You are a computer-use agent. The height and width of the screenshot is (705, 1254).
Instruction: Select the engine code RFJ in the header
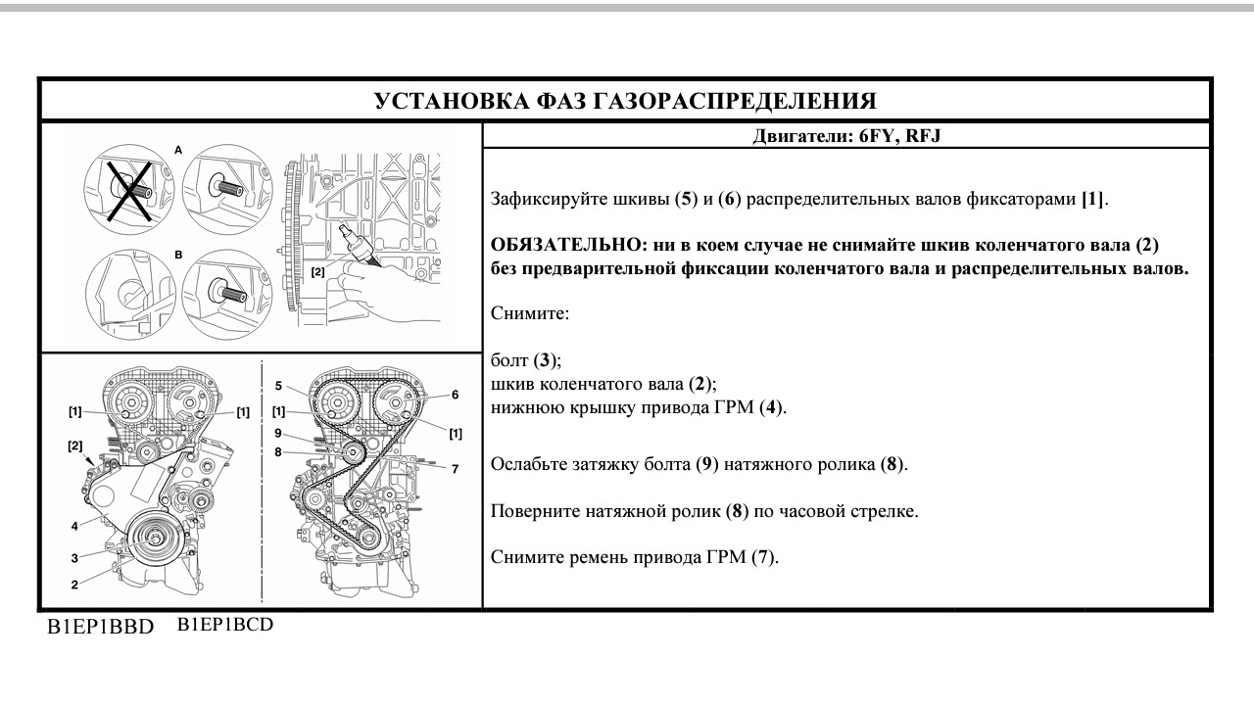click(922, 137)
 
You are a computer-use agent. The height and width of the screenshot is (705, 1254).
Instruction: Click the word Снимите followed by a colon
click(529, 314)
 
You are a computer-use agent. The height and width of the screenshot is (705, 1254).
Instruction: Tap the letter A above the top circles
click(178, 150)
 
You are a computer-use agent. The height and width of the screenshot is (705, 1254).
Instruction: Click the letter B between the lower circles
click(178, 254)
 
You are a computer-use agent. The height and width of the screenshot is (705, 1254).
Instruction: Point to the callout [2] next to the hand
click(317, 272)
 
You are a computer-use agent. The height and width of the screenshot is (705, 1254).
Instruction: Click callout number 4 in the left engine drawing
click(74, 526)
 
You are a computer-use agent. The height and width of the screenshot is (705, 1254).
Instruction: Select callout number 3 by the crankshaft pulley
click(74, 558)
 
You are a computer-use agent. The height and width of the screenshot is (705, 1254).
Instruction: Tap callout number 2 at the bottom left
click(74, 585)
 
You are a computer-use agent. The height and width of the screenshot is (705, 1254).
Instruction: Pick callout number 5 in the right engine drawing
click(278, 385)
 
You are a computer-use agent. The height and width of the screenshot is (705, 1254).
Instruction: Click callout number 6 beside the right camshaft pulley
click(456, 395)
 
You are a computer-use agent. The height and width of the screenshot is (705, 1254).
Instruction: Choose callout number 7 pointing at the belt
click(455, 469)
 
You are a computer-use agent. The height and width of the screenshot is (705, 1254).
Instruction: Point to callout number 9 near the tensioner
click(278, 433)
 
